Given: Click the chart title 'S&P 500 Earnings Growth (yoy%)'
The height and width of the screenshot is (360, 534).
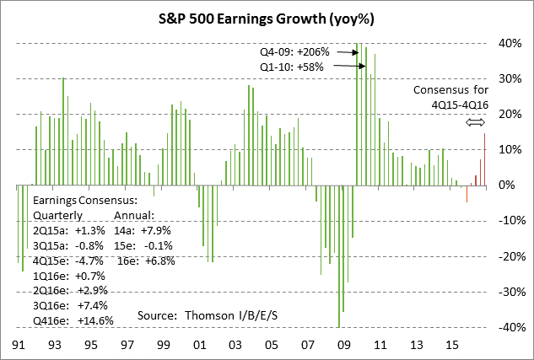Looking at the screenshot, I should [267, 18].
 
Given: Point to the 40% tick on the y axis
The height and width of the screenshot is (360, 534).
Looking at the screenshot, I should [508, 43].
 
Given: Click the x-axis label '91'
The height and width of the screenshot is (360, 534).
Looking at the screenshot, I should [19, 346].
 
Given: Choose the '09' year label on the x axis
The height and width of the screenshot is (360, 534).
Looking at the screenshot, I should [344, 346].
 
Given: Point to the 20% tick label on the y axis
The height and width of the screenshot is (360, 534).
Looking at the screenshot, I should [508, 114].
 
